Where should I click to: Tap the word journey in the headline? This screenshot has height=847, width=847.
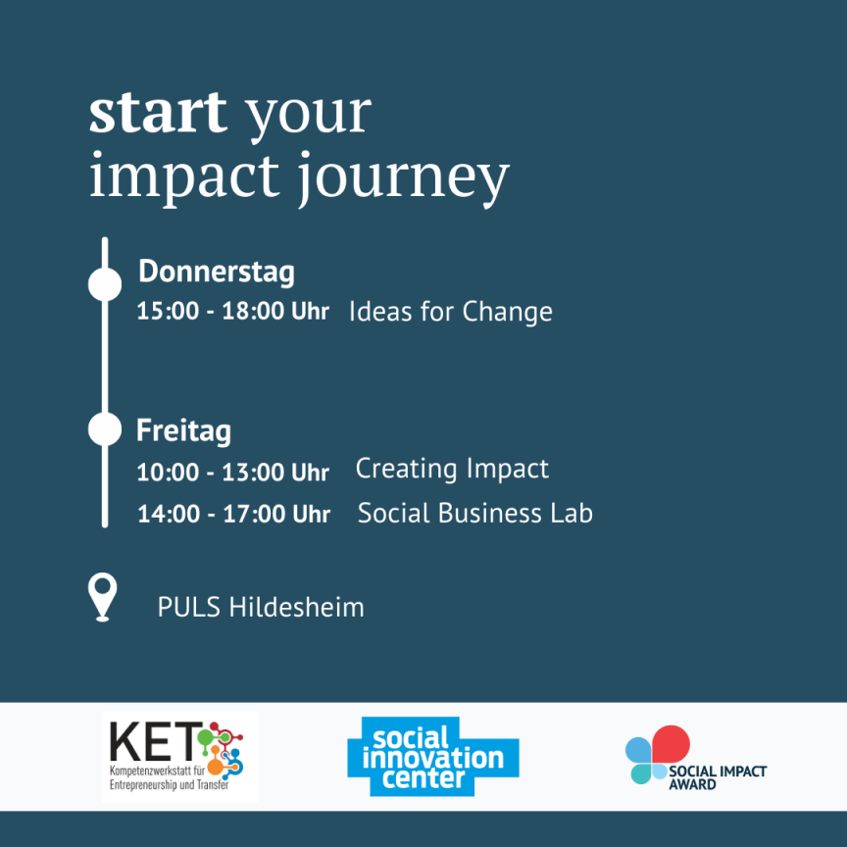404,179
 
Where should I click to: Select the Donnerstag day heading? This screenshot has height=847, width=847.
217,272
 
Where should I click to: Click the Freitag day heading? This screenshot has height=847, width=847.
183,430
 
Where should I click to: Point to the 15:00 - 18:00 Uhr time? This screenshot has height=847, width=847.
232,311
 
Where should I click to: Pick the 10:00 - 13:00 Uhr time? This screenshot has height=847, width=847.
232,473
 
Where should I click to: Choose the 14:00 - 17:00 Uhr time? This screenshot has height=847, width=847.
234,513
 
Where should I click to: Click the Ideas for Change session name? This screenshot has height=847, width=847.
451,312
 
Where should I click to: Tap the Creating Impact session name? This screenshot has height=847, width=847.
452,469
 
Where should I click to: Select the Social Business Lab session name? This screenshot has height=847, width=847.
475,513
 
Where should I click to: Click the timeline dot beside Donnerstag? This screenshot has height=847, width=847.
105,284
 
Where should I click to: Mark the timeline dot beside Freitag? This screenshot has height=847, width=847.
105,429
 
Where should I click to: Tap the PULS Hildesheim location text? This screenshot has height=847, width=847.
261,607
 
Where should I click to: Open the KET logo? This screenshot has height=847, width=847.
179,756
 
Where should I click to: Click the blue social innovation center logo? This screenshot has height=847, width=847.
433,756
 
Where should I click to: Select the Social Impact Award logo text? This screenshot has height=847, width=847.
718,777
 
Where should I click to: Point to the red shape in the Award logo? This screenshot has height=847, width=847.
672,744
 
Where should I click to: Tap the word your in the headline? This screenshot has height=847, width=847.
309,115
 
